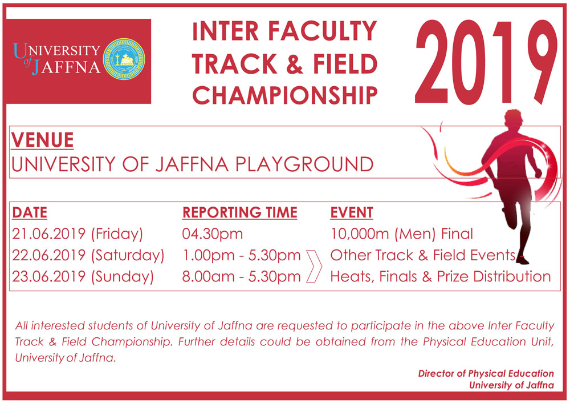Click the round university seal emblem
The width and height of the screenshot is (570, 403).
click(124, 59)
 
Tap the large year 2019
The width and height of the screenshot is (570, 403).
click(486, 62)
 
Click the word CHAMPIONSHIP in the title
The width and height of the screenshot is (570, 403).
click(284, 95)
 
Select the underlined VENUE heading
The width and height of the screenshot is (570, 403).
click(42, 140)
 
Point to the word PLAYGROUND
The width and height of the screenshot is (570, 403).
click(304, 164)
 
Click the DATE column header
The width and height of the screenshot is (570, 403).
click(30, 212)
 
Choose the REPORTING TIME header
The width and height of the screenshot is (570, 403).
click(240, 212)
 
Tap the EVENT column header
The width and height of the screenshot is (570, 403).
click(352, 212)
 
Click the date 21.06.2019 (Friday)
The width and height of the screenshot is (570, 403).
click(78, 234)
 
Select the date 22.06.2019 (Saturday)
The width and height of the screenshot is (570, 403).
click(88, 256)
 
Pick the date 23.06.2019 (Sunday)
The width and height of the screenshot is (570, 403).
click(83, 277)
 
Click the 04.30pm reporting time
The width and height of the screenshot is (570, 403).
click(213, 233)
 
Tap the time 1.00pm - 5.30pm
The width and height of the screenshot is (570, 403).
click(242, 255)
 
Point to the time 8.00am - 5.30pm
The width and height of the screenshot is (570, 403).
click(242, 277)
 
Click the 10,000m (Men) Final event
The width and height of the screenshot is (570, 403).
click(402, 234)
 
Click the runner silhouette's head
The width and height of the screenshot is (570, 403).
click(513, 118)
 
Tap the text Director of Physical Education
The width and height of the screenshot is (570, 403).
click(486, 373)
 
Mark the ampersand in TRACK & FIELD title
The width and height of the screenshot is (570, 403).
click(295, 64)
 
